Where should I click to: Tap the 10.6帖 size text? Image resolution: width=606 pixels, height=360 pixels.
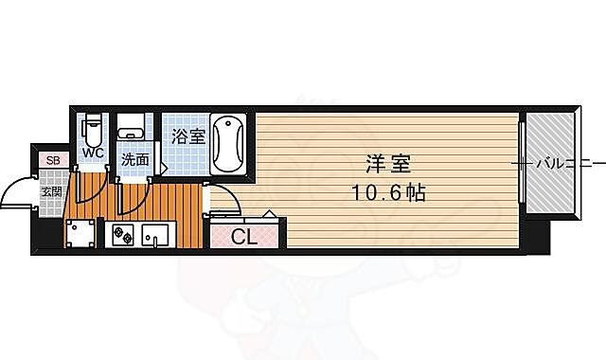[x=389, y=192]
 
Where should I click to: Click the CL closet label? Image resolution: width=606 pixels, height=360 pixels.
[x=244, y=238]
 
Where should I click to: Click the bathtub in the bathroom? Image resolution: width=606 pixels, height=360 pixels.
[x=228, y=143]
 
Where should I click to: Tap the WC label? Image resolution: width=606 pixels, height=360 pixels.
[x=92, y=152]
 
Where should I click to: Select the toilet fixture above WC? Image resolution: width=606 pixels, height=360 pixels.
[x=93, y=129]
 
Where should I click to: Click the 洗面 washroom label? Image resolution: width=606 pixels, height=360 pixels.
[x=134, y=159]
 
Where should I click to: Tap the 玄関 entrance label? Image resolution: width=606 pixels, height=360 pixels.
[x=50, y=192]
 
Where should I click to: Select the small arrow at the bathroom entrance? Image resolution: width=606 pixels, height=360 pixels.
[x=164, y=170]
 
